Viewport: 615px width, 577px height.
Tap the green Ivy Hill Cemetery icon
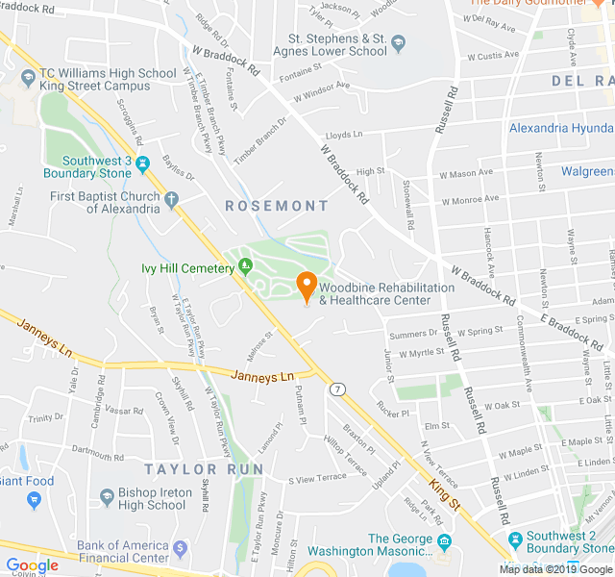246,266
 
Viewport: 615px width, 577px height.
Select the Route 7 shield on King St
337,389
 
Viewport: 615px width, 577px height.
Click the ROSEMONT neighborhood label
277,206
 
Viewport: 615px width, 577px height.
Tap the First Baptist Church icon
172,201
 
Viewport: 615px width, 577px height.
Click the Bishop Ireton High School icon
107,497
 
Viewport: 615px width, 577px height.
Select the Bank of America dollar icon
181,549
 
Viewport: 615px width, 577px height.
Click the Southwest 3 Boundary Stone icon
143,164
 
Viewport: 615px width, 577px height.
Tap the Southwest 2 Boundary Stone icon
516,537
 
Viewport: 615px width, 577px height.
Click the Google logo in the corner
33,565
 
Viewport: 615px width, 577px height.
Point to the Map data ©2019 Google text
555,568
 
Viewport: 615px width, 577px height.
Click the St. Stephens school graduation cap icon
399,43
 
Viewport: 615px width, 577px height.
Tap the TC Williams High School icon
29,76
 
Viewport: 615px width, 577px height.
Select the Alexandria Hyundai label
561,128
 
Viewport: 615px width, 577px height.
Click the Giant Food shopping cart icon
34,500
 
